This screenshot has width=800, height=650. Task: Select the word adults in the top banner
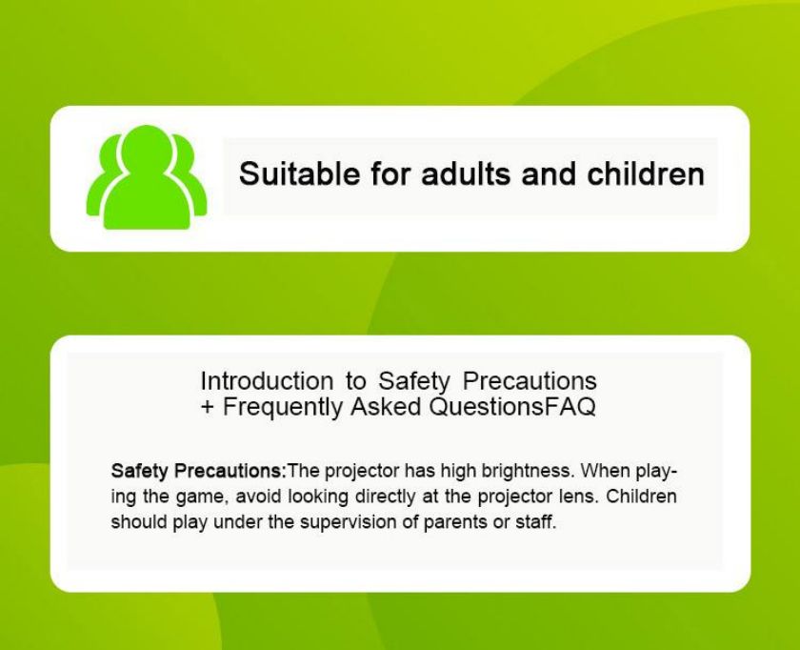point(466,173)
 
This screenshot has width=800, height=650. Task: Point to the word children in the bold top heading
point(646,173)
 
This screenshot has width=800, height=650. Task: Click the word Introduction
point(267,381)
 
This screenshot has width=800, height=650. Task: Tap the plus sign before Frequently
point(208,407)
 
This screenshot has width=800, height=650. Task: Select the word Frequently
point(283,408)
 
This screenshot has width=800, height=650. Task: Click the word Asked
point(386,407)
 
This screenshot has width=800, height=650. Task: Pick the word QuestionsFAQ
point(512,407)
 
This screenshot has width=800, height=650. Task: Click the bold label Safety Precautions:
point(198,470)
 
